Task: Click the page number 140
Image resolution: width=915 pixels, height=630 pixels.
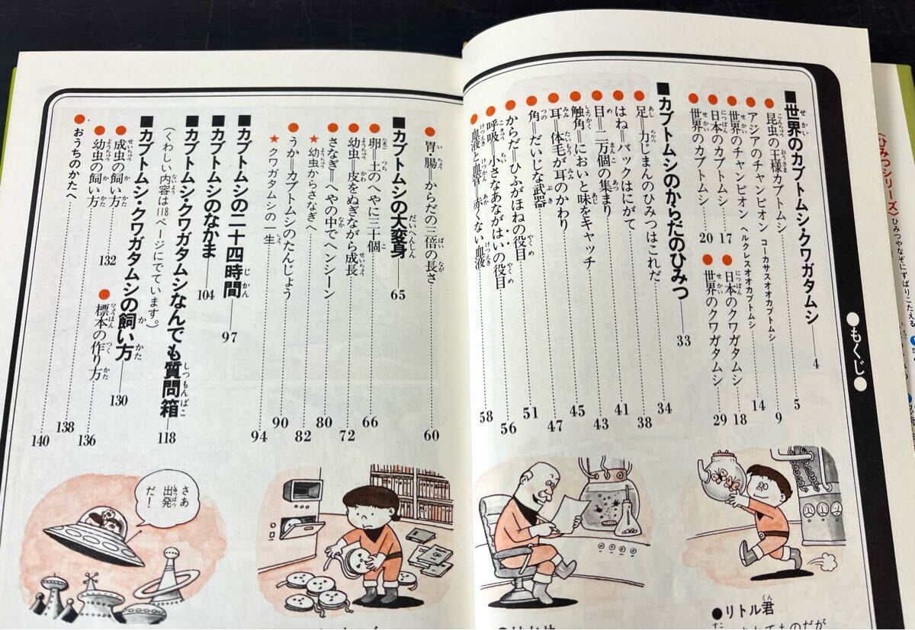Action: [40, 440]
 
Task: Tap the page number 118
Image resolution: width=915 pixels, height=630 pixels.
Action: [166, 438]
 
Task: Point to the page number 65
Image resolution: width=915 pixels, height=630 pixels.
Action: [398, 295]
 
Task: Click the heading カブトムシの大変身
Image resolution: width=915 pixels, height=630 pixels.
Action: [396, 198]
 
